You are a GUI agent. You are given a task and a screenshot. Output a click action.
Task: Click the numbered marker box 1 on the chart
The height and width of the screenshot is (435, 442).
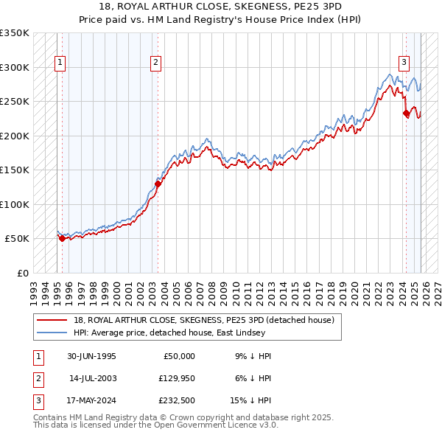[x=59, y=63]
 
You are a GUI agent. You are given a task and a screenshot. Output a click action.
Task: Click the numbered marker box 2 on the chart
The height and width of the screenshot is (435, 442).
[x=156, y=63]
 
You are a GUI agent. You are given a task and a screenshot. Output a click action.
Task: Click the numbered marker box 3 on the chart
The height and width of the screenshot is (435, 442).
[x=404, y=63]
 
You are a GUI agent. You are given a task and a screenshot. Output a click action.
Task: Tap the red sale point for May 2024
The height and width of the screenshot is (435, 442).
[x=406, y=114]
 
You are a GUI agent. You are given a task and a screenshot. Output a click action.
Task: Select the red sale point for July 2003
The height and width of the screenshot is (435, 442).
[x=158, y=184]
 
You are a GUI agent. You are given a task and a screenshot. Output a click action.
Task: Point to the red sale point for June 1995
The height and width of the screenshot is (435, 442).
[x=62, y=239]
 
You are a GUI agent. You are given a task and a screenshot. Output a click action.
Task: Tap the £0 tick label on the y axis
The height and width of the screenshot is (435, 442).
[x=22, y=273]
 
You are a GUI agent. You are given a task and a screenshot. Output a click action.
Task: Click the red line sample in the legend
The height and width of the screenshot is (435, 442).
[x=52, y=320]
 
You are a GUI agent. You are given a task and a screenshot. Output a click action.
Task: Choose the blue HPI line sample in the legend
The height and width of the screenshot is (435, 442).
[x=52, y=333]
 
